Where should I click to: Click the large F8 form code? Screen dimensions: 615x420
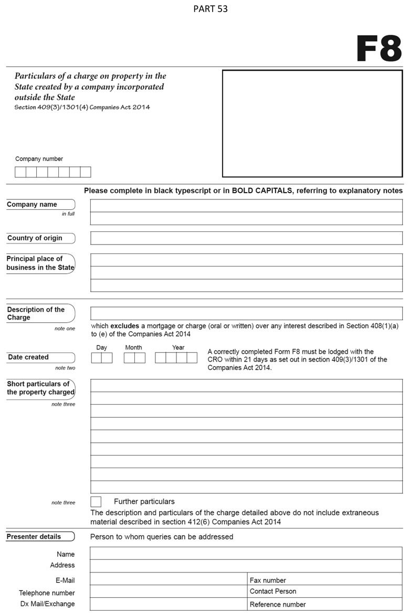(x=379, y=49)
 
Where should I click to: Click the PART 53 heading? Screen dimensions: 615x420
(x=210, y=9)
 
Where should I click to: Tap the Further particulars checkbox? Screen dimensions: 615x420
(x=96, y=502)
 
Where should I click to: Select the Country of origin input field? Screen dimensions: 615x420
(x=246, y=238)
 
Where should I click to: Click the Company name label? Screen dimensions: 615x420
(x=32, y=205)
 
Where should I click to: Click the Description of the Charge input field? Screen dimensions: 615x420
(x=246, y=313)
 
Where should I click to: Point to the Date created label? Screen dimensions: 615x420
(x=28, y=357)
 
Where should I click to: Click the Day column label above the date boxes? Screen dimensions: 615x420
(x=102, y=347)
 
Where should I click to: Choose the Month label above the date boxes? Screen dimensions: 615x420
(x=133, y=347)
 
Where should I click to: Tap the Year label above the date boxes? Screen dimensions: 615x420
(x=178, y=347)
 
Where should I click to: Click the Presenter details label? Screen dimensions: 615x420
(x=34, y=537)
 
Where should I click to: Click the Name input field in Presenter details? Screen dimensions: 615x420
(x=246, y=553)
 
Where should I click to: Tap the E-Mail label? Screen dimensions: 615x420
(x=65, y=580)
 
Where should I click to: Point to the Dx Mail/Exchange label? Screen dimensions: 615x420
(x=48, y=604)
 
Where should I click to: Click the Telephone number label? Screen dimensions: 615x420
(x=47, y=593)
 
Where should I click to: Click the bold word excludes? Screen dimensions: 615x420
(x=124, y=326)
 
